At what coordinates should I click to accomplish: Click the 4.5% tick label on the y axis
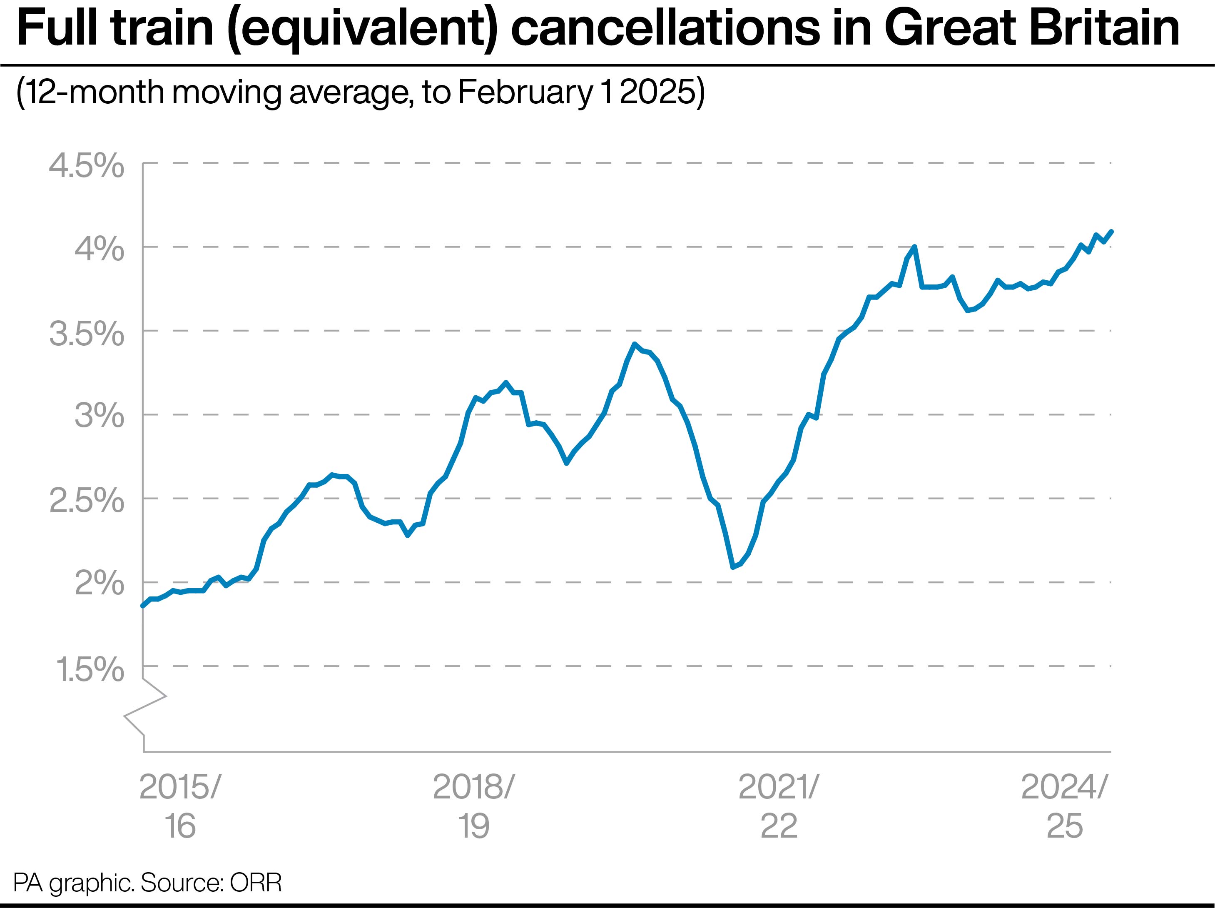(86, 165)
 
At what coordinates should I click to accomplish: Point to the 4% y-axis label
(99, 249)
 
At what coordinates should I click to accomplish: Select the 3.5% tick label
(86, 334)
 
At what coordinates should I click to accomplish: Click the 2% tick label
(99, 584)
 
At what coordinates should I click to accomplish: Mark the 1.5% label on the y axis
(89, 669)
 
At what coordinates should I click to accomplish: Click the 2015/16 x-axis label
(179, 806)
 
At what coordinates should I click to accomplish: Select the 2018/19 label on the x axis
(473, 806)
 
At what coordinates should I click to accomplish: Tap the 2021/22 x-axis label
(778, 806)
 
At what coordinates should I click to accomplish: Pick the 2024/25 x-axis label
(1064, 806)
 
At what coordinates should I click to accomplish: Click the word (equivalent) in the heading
(363, 30)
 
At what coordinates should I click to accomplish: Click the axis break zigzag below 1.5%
(145, 706)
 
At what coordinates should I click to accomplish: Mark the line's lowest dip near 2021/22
(733, 567)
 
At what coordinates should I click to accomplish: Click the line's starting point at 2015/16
(143, 605)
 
